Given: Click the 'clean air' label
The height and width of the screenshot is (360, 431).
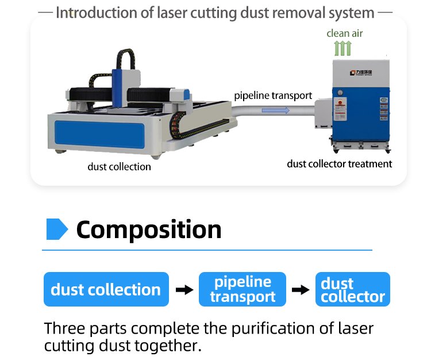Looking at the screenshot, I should coord(344,33).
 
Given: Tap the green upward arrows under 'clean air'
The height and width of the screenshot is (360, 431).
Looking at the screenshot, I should coord(343,48).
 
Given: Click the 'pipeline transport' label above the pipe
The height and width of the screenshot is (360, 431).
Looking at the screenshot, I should coord(273,95).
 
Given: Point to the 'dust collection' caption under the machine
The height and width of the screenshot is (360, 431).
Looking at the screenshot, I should coord(119,167).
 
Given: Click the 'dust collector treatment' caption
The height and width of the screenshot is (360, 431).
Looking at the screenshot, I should coord(339,164).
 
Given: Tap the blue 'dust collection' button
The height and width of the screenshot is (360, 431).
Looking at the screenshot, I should coord(106,289).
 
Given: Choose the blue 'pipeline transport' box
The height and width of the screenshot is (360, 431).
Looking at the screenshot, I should coord(242,289).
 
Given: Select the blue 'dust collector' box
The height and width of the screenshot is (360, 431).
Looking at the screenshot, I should coord(352,289).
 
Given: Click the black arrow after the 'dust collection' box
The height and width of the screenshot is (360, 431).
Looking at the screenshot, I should coord(184,289).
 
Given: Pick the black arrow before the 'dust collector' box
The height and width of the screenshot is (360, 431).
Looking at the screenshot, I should coord(301,289).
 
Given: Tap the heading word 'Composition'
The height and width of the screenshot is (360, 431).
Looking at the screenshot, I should coord(149,229).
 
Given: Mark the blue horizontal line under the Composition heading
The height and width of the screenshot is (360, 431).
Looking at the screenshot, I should coord(207,250).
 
